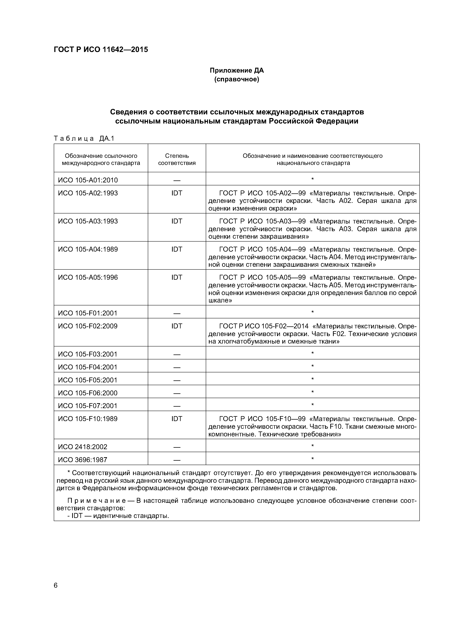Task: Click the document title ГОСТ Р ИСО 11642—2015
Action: pos(101,50)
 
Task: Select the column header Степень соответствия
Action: pos(177,159)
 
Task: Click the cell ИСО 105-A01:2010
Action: pos(88,180)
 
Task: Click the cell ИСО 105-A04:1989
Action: pos(88,249)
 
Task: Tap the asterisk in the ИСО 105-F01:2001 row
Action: pos(312,312)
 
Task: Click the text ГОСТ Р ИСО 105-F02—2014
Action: pos(264,326)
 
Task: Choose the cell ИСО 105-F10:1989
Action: pos(88,419)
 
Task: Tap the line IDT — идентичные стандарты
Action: pos(118,516)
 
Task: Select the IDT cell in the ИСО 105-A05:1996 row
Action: pos(177,277)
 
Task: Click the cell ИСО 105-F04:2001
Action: pos(88,367)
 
